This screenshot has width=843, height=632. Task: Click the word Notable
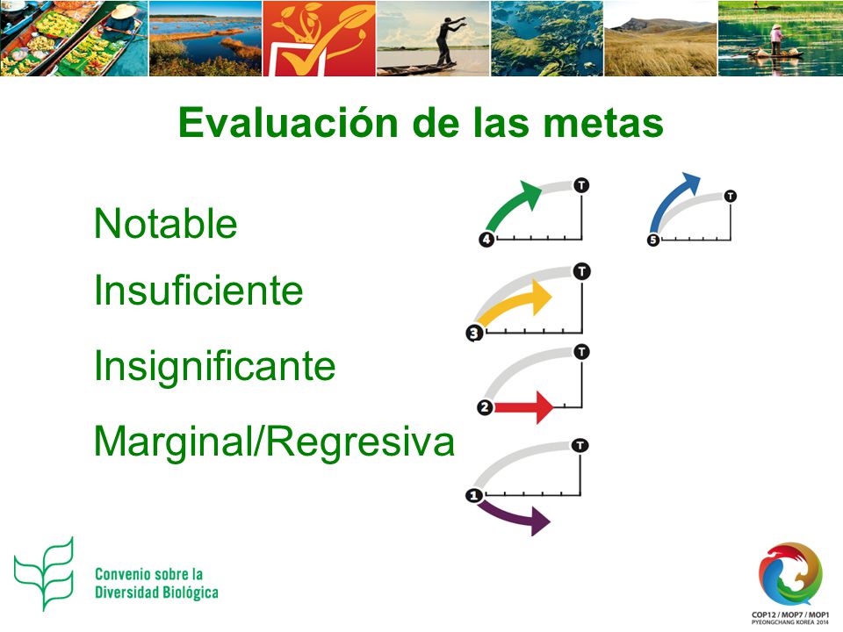pyautogui.click(x=166, y=224)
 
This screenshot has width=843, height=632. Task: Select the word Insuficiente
pyautogui.click(x=198, y=291)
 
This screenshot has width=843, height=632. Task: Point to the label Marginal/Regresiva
pyautogui.click(x=274, y=442)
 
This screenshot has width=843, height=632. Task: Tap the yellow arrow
pyautogui.click(x=515, y=305)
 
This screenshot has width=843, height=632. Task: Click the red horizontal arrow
pyautogui.click(x=523, y=407)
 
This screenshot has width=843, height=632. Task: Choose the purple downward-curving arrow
pyautogui.click(x=514, y=516)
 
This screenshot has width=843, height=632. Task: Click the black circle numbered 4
pyautogui.click(x=486, y=239)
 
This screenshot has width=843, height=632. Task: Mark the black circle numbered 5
pyautogui.click(x=653, y=240)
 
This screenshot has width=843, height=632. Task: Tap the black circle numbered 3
pyautogui.click(x=474, y=334)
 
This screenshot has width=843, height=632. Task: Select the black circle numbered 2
pyautogui.click(x=485, y=407)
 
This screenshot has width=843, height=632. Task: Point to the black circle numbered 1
pyautogui.click(x=473, y=495)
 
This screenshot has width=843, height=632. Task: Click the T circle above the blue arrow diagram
pyautogui.click(x=730, y=196)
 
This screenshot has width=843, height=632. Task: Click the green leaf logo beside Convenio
pyautogui.click(x=44, y=574)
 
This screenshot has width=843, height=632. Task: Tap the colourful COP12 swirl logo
pyautogui.click(x=790, y=574)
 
